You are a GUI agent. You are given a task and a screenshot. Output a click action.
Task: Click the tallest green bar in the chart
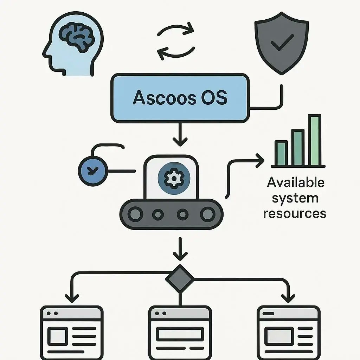click(315, 140)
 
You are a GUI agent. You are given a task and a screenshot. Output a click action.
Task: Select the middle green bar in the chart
click(298, 147)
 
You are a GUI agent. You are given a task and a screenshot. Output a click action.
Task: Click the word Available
click(295, 182)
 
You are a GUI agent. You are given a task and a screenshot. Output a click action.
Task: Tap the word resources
click(295, 213)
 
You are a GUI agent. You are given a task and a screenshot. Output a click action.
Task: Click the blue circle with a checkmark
click(92, 171)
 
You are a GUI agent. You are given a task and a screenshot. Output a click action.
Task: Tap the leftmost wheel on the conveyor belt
click(136, 214)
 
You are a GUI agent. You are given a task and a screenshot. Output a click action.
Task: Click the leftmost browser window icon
click(72, 332)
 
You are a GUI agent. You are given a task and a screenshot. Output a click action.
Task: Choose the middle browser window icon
click(180, 332)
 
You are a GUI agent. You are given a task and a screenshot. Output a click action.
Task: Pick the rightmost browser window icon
click(288, 332)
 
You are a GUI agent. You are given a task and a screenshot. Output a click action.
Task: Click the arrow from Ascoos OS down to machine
click(180, 135)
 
